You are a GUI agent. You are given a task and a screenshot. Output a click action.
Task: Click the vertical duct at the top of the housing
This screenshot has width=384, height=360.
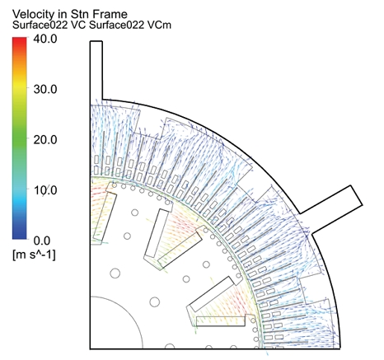tap(96, 70)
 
